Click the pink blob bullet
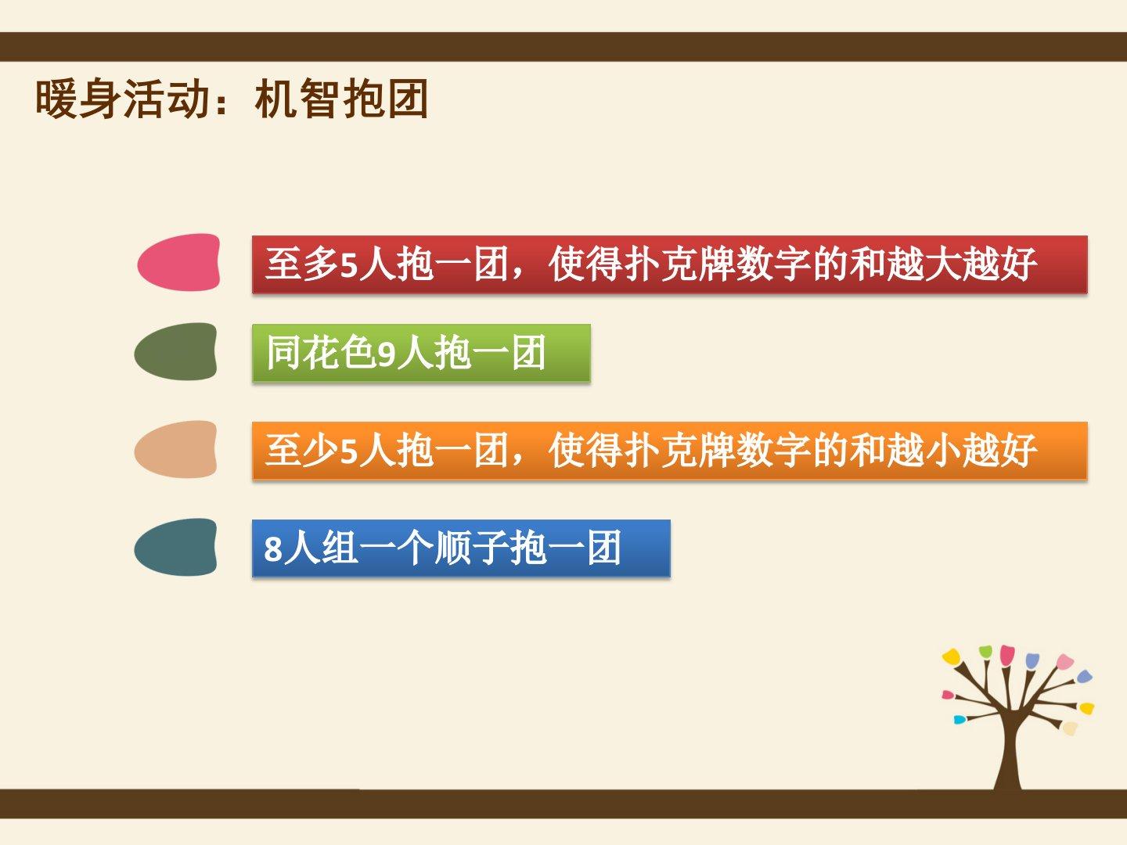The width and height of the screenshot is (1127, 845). pyautogui.click(x=178, y=262)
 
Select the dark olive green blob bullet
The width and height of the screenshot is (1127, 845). pyautogui.click(x=175, y=351)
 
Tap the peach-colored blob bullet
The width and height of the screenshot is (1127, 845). pyautogui.click(x=175, y=449)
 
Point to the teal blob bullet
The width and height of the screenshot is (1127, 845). pyautogui.click(x=175, y=547)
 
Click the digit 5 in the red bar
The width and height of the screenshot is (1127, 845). pyautogui.click(x=348, y=266)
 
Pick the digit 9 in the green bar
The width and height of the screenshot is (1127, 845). pyautogui.click(x=386, y=354)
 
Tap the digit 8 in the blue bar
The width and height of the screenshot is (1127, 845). pyautogui.click(x=273, y=548)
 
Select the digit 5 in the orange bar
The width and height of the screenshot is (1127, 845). pyautogui.click(x=348, y=452)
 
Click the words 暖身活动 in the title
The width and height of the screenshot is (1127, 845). pyautogui.click(x=123, y=99)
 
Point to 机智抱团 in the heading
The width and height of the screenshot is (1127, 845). pyautogui.click(x=341, y=99)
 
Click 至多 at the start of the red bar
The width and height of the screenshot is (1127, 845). pyautogui.click(x=302, y=264)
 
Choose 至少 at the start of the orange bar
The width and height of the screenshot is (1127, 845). pyautogui.click(x=302, y=451)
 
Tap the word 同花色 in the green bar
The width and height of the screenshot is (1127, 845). pyautogui.click(x=321, y=353)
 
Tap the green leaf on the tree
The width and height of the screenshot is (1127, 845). pyautogui.click(x=985, y=652)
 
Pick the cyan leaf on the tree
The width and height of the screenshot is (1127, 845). pyautogui.click(x=959, y=719)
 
